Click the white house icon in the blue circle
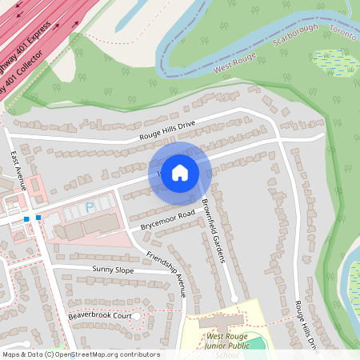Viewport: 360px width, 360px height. [180, 173]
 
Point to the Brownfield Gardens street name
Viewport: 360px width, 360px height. [214, 231]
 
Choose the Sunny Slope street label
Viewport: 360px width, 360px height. [114, 270]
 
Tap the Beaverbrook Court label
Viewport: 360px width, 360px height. [99, 316]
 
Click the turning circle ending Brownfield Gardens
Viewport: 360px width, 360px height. [234, 299]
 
